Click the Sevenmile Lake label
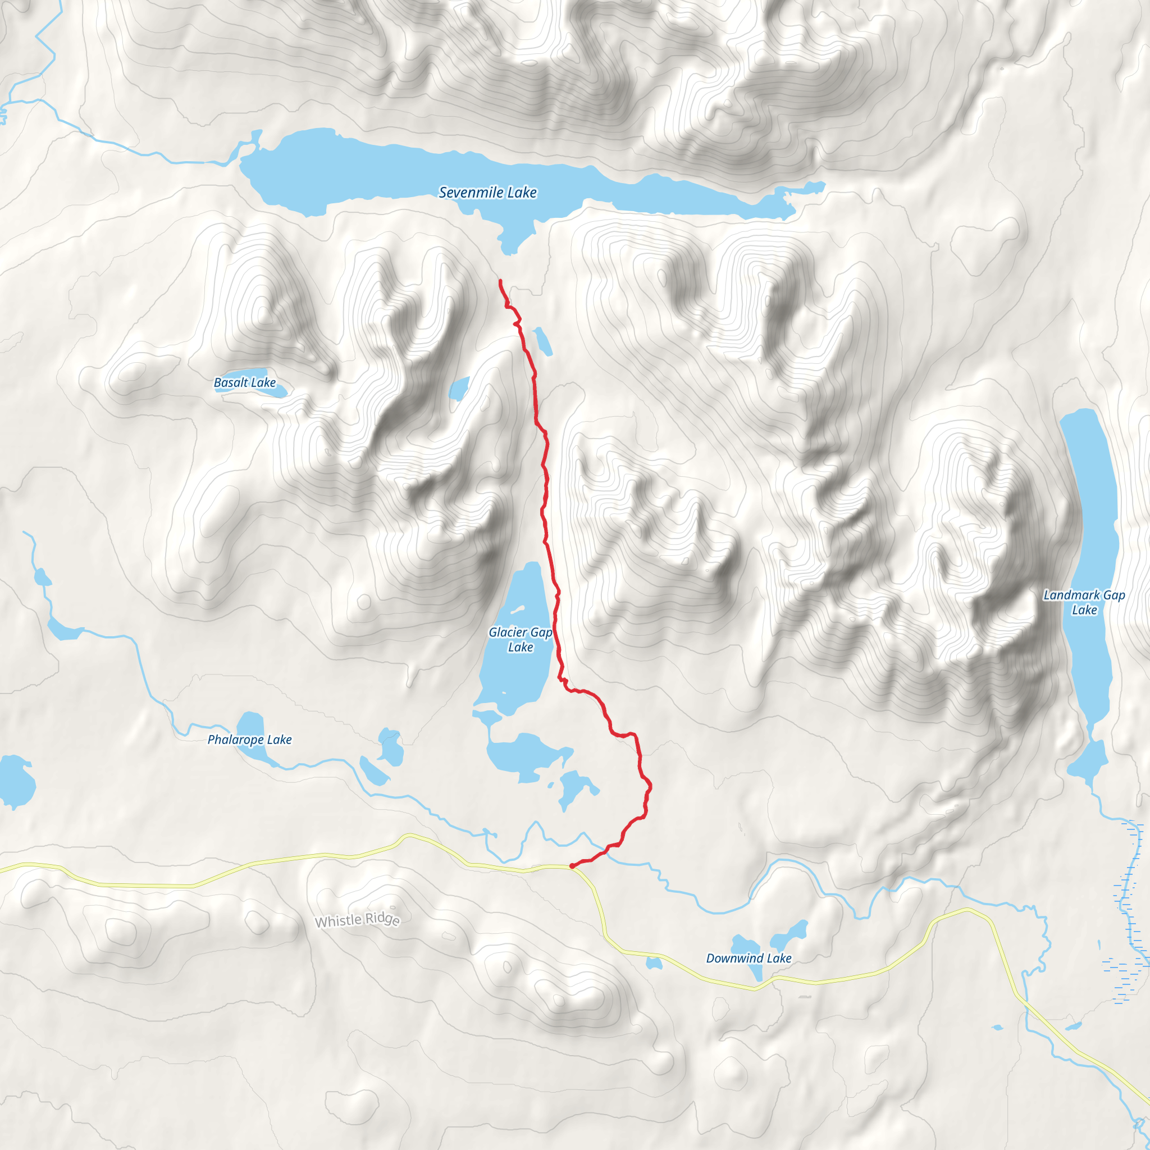pyautogui.click(x=487, y=192)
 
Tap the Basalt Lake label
pyautogui.click(x=245, y=382)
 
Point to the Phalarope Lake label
pyautogui.click(x=249, y=740)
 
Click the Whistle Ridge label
pyautogui.click(x=357, y=920)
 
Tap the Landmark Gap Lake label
pyautogui.click(x=1084, y=602)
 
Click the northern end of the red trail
pyautogui.click(x=500, y=281)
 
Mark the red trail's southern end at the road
pyautogui.click(x=572, y=866)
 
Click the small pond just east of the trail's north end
pyautogui.click(x=542, y=341)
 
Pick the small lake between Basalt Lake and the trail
pyautogui.click(x=458, y=389)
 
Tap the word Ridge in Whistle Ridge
pyautogui.click(x=382, y=919)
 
